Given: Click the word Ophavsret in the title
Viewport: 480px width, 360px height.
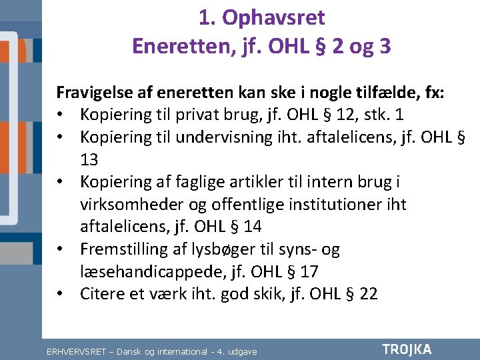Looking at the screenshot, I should pos(273,18).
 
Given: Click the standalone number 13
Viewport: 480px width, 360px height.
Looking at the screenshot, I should pos(90,159).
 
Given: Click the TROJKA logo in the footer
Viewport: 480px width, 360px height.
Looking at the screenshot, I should pos(407,349).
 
